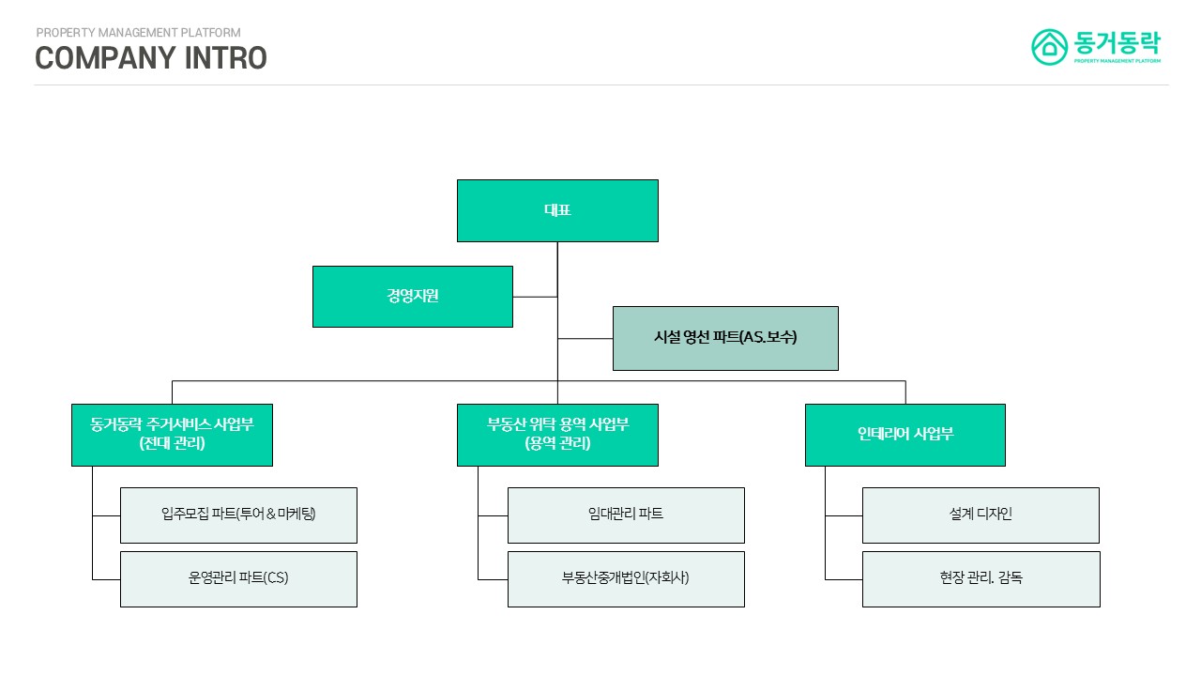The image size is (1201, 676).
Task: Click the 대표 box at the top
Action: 557,210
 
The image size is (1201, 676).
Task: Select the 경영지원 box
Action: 412,297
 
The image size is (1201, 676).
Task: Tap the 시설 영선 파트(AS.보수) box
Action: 724,338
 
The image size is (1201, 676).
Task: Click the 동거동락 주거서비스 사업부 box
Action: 172,435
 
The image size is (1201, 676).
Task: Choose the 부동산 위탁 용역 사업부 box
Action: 557,435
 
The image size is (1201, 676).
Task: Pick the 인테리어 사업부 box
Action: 905,435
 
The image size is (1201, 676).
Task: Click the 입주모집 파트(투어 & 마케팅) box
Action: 238,515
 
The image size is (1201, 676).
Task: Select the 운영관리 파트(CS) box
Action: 238,578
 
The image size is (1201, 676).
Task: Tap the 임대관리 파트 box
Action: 626,515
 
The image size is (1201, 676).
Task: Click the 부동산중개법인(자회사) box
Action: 626,578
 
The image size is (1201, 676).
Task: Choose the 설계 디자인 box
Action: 981,515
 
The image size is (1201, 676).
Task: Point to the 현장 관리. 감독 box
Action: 981,578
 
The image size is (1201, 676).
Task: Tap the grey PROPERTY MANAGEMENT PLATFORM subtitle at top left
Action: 138,33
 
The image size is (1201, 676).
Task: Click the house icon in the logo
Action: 1050,47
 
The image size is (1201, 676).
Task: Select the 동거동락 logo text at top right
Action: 1117,42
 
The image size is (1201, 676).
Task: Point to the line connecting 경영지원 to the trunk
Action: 535,297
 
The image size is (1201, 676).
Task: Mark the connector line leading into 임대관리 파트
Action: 493,515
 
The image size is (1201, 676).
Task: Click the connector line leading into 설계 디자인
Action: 844,515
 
